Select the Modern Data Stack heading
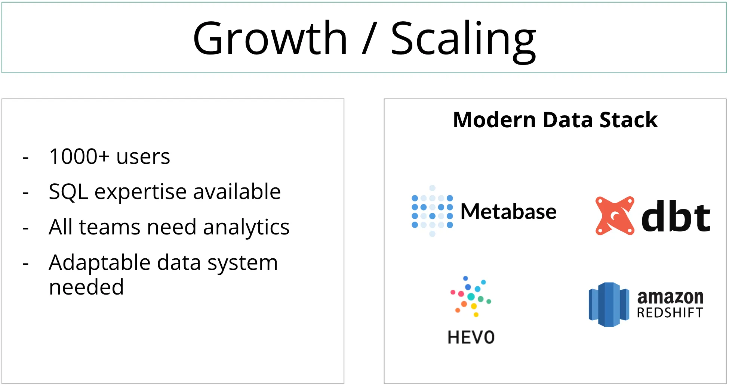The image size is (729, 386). pos(555,120)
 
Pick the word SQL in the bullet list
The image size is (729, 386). pos(68,192)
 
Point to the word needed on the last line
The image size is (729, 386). pos(86,287)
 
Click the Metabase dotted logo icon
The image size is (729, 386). pos(432,211)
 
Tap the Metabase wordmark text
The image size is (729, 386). pos(508,212)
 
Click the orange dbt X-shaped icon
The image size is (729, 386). pos(615,216)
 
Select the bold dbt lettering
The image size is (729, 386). pos(676,217)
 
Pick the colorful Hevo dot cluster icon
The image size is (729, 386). pos(471,297)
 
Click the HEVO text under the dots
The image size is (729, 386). pos(471,337)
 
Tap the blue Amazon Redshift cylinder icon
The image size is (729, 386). pos(609,304)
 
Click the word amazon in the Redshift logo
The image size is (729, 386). pos(670,297)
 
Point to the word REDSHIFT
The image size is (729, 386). pos(670,313)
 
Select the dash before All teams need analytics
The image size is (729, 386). pos(25,228)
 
